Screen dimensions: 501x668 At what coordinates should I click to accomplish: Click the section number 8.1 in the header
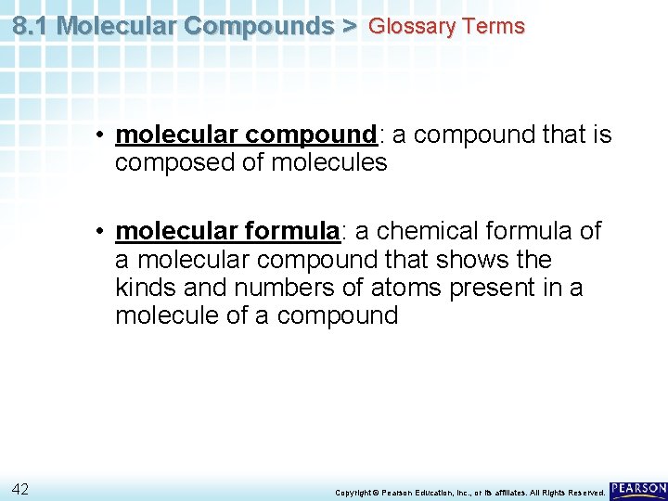click(32, 25)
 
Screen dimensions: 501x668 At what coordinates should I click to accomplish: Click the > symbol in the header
click(348, 26)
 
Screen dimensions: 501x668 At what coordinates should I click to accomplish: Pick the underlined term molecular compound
click(246, 135)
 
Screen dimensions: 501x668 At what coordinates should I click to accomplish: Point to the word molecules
click(328, 163)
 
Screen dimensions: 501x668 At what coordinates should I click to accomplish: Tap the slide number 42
click(21, 488)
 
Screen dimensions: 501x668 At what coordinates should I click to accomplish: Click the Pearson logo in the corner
click(638, 489)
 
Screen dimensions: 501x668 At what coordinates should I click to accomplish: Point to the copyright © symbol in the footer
click(377, 492)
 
